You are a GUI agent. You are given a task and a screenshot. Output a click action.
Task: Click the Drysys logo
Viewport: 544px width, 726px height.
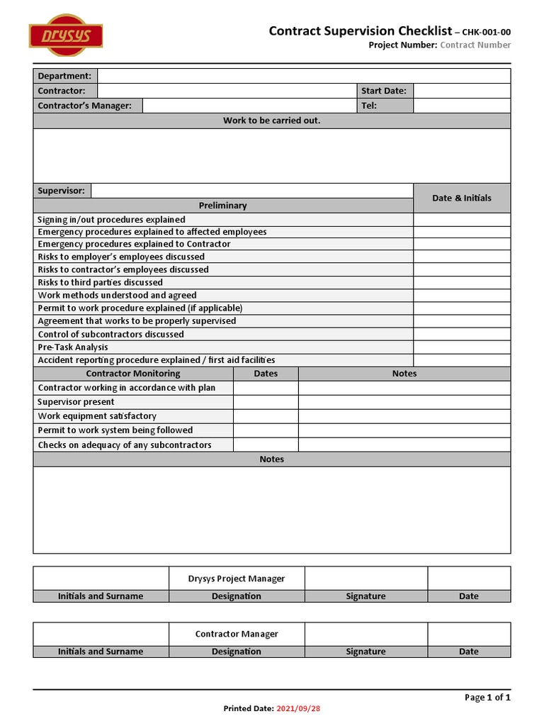[66, 35]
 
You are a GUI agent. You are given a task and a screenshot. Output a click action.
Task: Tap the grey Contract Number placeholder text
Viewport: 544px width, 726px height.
[475, 45]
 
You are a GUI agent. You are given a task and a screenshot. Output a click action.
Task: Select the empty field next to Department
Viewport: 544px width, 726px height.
[303, 76]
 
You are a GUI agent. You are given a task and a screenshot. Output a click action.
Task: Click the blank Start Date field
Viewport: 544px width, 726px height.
[461, 91]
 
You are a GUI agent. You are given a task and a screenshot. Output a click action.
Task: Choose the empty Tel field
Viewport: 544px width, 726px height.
[461, 106]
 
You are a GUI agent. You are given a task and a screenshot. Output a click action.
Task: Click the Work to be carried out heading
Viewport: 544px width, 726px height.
[271, 121]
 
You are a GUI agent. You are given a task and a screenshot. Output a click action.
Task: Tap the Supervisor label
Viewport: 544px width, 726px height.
[61, 191]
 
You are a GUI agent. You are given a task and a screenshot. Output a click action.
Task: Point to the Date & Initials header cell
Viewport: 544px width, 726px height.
[461, 198]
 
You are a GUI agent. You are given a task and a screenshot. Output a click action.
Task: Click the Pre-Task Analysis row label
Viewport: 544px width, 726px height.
[73, 347]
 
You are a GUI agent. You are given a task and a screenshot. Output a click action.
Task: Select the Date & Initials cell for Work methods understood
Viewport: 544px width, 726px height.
[461, 296]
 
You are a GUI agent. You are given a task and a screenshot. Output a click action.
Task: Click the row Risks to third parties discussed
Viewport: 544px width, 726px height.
[100, 282]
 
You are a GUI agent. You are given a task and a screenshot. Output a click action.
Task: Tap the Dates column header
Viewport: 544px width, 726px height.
[266, 374]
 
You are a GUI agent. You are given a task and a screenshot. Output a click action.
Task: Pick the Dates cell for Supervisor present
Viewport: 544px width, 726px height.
[266, 402]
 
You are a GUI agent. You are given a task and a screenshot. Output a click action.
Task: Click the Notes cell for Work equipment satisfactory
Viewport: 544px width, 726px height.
[404, 416]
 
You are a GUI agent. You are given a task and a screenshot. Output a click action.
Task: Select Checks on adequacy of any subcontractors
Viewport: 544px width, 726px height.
[125, 445]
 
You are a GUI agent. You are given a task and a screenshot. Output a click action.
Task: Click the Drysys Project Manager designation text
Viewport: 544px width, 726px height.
[237, 579]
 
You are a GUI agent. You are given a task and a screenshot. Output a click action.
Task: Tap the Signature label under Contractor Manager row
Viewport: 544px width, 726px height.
[365, 652]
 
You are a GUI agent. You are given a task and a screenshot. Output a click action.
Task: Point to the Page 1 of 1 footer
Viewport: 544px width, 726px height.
[487, 698]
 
